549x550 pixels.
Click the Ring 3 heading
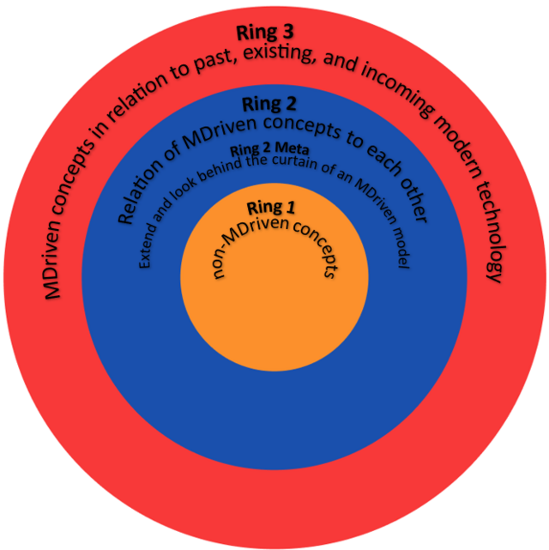[265, 33]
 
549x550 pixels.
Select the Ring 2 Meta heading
[269, 150]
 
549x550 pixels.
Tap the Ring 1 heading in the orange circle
[271, 208]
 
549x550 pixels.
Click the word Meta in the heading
[292, 148]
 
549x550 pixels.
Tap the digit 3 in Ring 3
[287, 33]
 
